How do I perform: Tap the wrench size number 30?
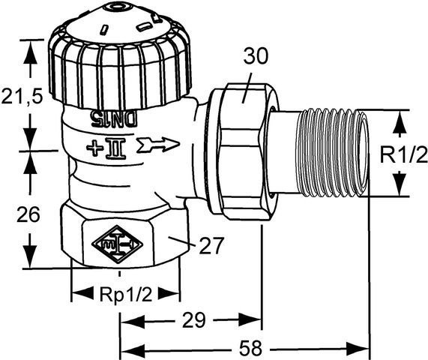tap(255, 55)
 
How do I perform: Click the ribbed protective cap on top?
tap(120, 67)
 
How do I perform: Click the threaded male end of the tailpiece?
tap(333, 153)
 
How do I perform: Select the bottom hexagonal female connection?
tap(124, 240)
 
